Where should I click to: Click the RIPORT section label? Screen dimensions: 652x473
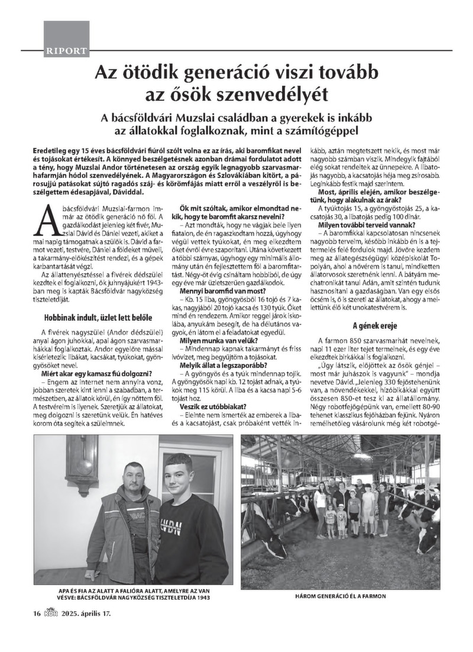[x=66, y=51]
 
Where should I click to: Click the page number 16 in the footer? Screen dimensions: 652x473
[x=37, y=614]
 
